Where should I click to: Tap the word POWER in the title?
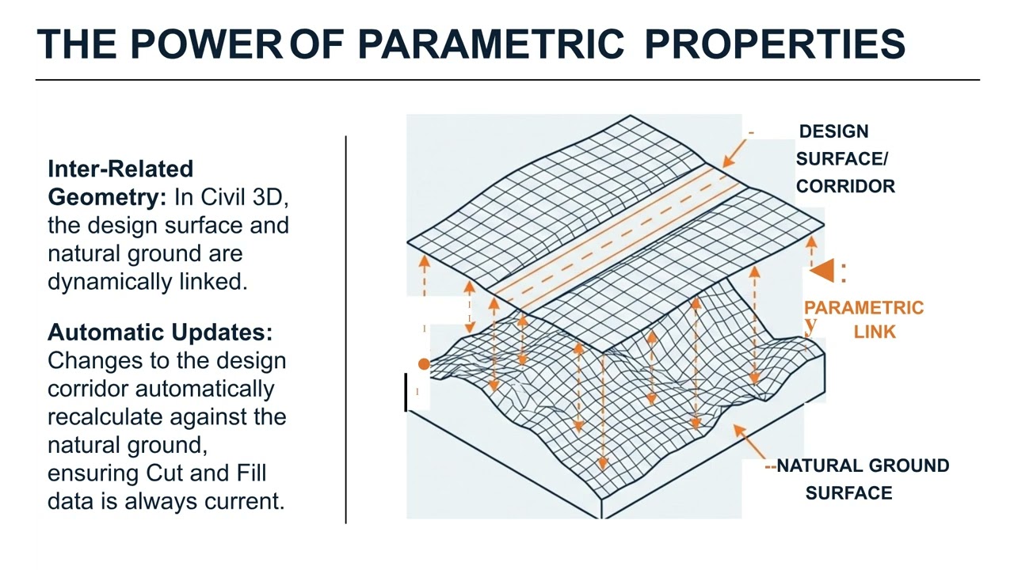coord(206,44)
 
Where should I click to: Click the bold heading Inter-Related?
coord(120,169)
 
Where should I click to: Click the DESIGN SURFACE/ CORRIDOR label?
coord(844,159)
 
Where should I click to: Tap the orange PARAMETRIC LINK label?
coord(863,319)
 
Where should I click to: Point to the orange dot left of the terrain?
coord(424,364)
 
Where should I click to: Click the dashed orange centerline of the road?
coord(618,237)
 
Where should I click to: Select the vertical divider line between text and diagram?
coord(346,329)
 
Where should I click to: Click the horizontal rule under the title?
coord(507,80)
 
